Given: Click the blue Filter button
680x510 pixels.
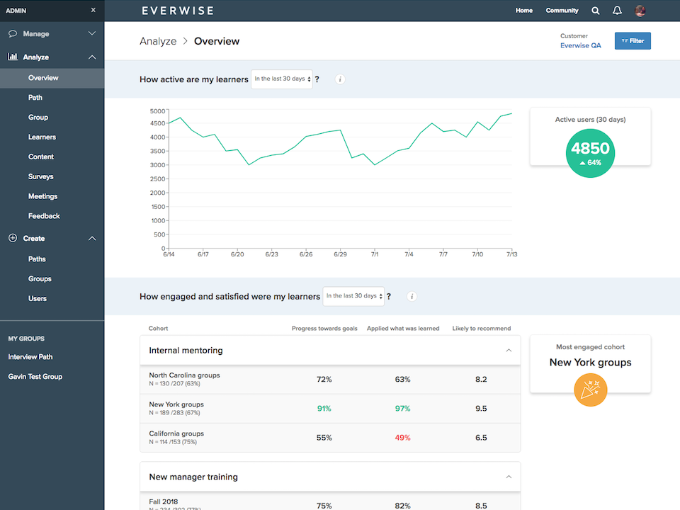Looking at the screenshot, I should point(633,41).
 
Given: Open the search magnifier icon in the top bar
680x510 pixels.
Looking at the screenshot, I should point(595,11).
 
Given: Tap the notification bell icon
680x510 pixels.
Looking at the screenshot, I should point(617,11).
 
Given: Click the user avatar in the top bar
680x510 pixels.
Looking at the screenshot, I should point(640,11).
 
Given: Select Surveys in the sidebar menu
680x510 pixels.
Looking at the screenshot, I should point(41,176).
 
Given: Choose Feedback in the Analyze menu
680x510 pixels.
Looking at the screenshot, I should point(44,216).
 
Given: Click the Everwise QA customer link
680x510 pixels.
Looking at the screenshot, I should point(580,45).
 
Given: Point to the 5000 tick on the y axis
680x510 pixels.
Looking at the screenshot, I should point(157,111).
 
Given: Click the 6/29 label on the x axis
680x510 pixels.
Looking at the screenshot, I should point(340,254).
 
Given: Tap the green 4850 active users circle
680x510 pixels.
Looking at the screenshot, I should point(590,152).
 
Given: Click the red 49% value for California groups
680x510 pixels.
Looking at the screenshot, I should point(402,438).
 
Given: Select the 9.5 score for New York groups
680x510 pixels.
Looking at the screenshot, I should point(481,409).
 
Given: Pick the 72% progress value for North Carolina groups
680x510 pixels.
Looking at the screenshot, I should point(324,380).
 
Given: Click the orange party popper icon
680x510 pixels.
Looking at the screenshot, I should point(590,389).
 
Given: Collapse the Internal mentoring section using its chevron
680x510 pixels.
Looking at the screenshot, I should point(508,351).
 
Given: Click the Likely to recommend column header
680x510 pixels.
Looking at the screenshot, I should point(481,329).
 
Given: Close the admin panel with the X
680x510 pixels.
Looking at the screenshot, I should point(93,10).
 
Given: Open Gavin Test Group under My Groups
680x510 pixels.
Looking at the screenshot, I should point(35,377).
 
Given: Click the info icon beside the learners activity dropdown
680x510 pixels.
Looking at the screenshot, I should point(340,79).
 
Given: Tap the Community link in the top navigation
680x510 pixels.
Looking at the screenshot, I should point(562,11).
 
